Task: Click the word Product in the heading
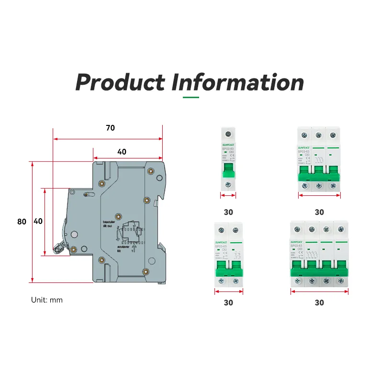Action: (120, 82)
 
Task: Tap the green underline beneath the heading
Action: (191, 97)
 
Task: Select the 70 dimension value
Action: (110, 128)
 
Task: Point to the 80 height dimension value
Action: (22, 222)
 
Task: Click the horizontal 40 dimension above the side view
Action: (122, 152)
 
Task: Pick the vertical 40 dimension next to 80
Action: (38, 222)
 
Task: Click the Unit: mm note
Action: (47, 300)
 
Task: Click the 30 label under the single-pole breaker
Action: (228, 212)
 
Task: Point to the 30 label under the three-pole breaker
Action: (319, 212)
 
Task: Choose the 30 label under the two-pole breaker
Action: (228, 303)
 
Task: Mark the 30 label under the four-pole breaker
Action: (319, 303)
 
